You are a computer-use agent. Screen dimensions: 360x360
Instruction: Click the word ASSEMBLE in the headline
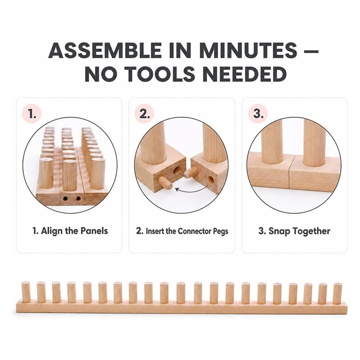click(105, 50)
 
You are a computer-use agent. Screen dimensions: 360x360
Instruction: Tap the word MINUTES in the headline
click(248, 50)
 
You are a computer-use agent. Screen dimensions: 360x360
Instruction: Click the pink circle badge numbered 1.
click(31, 114)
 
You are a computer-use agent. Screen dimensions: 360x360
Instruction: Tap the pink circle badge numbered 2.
click(144, 114)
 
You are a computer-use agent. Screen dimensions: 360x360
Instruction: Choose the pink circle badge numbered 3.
click(258, 114)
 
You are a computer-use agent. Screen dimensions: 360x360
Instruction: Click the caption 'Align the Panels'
click(74, 231)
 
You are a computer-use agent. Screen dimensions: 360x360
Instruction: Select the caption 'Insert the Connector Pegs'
click(187, 231)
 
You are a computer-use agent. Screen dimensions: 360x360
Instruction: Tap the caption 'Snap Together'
click(299, 231)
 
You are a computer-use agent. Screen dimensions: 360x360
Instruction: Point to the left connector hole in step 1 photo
click(65, 198)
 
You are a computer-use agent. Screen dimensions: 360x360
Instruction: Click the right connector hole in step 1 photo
click(78, 198)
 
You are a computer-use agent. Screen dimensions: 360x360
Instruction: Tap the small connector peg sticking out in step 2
click(165, 183)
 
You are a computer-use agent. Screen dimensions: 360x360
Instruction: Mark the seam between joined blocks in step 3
click(290, 172)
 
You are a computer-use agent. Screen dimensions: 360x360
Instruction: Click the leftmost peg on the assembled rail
click(26, 292)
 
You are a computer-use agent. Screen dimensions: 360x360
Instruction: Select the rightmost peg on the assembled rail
click(337, 294)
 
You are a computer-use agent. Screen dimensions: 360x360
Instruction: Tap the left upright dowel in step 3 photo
click(272, 142)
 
